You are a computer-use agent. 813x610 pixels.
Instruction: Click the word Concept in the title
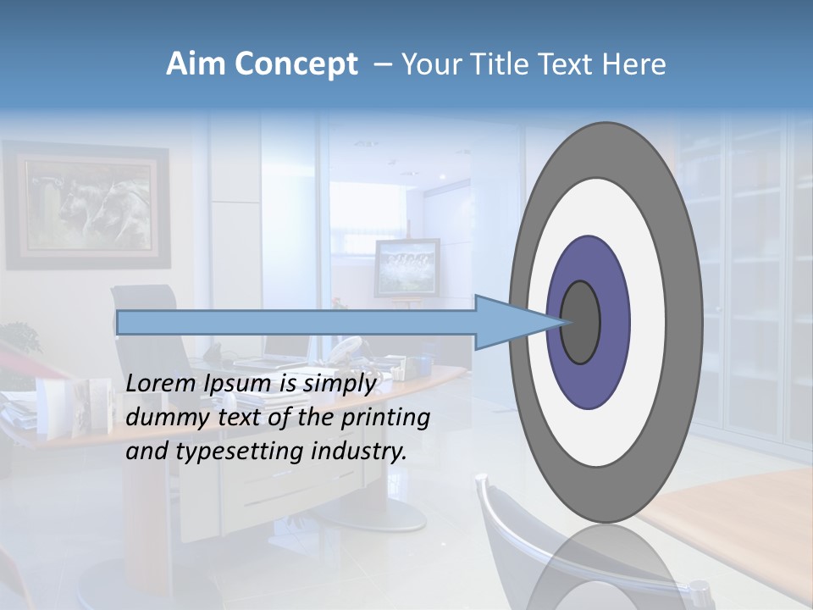coord(296,64)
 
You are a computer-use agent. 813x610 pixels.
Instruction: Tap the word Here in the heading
coord(633,64)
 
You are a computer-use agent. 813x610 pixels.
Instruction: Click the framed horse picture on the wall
coord(85,205)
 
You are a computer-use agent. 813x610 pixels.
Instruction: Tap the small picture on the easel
coord(407,265)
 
